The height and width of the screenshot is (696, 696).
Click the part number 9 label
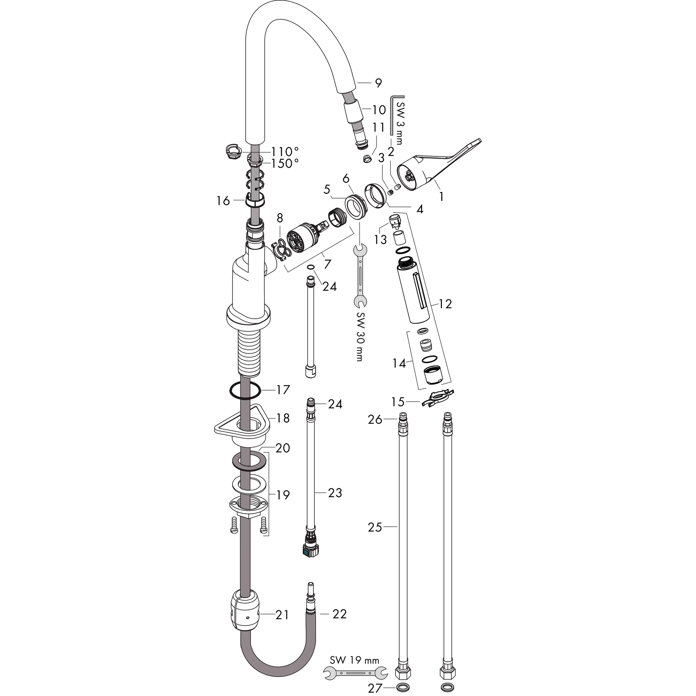[378, 83]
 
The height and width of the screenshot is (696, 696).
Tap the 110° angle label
[285, 151]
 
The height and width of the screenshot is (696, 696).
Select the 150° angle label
[285, 163]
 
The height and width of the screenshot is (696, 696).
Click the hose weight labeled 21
[245, 613]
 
